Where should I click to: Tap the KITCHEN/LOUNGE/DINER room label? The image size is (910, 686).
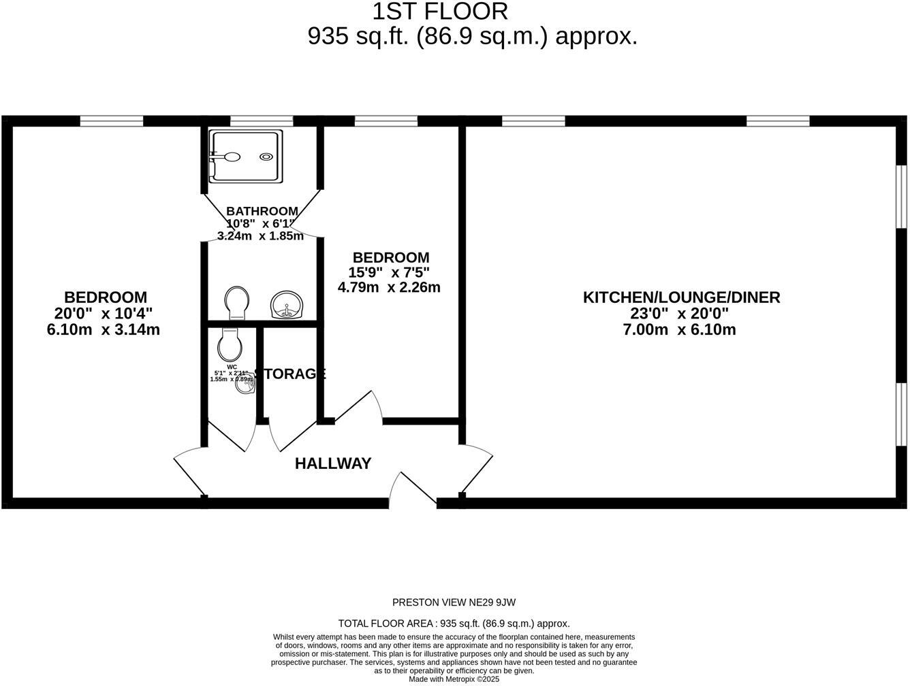coord(681,297)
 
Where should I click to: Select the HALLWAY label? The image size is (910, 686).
coord(333,463)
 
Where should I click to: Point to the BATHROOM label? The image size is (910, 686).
coord(262,211)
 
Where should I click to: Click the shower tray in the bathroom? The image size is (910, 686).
coord(245,157)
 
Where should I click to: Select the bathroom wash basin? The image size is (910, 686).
coord(287,304)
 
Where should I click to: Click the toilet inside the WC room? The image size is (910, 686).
coord(229,344)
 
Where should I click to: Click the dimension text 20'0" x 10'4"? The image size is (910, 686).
coord(104,314)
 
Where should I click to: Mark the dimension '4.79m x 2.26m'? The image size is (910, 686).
coord(389,287)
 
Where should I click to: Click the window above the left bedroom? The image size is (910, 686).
coord(112,121)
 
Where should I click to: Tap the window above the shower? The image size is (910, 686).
coord(262,121)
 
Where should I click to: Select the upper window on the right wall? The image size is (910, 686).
coord(901,196)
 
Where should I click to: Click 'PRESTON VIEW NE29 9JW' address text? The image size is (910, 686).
coord(454,602)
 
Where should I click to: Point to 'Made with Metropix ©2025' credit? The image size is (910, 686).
coord(454,679)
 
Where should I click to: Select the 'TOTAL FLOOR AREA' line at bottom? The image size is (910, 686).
coord(454,623)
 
